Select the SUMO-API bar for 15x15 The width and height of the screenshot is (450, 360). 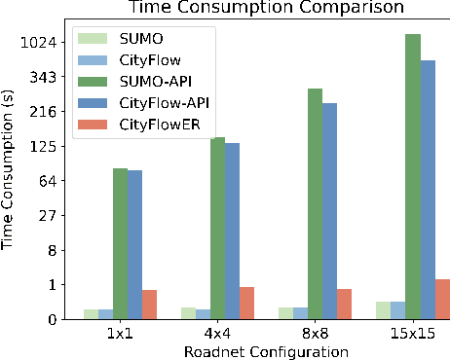[x=413, y=176]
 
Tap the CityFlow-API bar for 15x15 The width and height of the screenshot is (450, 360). [x=428, y=190]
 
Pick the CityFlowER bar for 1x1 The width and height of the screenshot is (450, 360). [x=149, y=305]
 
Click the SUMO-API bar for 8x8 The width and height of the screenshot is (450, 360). [x=316, y=203]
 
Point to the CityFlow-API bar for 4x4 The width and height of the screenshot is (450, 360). [x=233, y=231]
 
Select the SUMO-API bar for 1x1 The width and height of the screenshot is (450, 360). [x=120, y=243]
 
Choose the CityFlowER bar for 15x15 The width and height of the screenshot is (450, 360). [x=442, y=299]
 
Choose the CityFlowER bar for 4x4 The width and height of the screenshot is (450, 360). [x=247, y=303]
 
